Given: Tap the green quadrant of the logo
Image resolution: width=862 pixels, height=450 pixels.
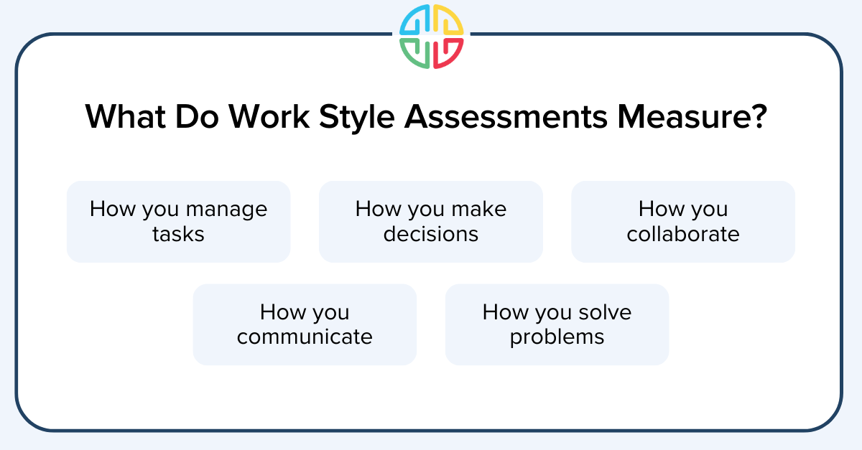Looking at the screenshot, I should [x=415, y=53].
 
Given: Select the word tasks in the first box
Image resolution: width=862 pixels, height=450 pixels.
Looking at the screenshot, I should [x=178, y=234].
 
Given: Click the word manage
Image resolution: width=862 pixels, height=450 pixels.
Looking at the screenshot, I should [x=226, y=210].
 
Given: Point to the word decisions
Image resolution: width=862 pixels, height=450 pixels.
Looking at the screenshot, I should [x=431, y=234].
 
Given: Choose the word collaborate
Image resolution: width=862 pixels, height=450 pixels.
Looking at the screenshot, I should [x=683, y=234].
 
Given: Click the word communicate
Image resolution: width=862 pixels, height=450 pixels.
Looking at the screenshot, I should [x=305, y=337].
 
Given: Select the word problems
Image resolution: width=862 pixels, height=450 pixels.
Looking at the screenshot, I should [x=557, y=337].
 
